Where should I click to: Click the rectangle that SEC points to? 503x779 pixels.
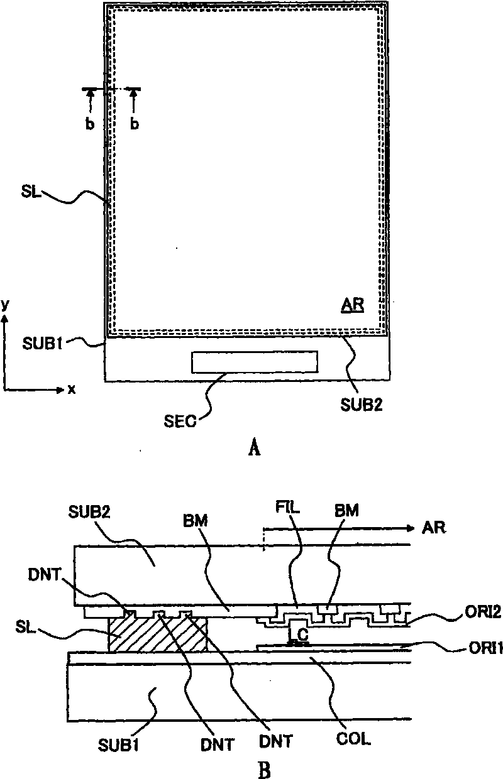click(x=255, y=361)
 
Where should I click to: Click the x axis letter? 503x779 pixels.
click(x=72, y=389)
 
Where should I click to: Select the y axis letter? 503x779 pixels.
click(x=5, y=305)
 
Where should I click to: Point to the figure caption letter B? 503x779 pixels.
click(x=264, y=768)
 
